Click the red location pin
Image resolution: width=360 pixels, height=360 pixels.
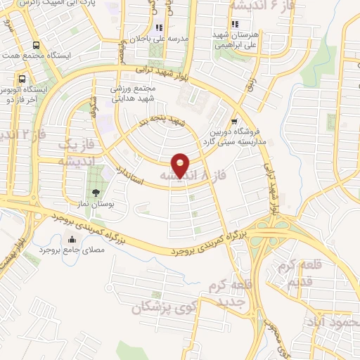click(181, 165)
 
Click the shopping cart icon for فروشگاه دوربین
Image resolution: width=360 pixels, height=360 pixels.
click(233, 120)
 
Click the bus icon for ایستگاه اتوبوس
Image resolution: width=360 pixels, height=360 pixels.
click(22, 79)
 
